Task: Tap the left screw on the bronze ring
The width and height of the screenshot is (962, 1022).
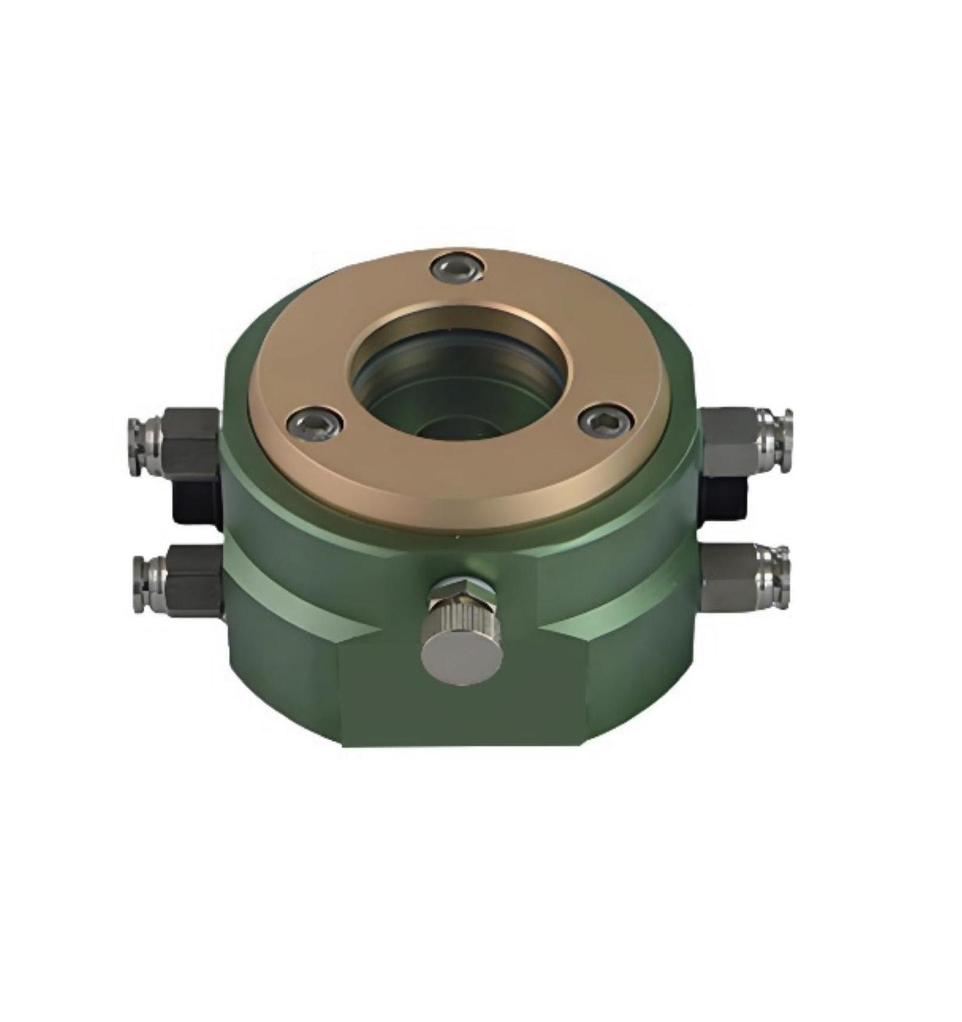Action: click(x=315, y=424)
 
